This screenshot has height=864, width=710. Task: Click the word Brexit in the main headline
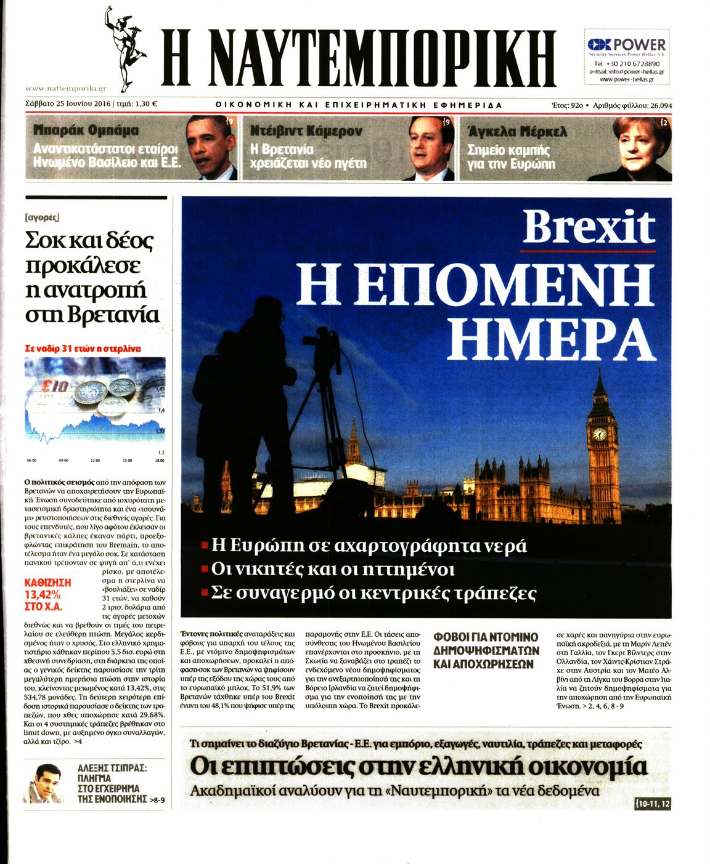click(x=588, y=227)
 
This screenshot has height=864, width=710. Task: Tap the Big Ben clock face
click(x=599, y=434)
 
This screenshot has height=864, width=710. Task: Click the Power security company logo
click(x=626, y=45)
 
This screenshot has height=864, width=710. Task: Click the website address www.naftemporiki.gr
click(x=66, y=89)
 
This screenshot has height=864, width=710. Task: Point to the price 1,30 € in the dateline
click(x=146, y=104)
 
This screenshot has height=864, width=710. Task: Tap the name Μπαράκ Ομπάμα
click(x=86, y=130)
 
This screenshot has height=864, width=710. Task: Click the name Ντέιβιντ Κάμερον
click(x=306, y=131)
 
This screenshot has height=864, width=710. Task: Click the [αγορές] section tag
click(x=43, y=217)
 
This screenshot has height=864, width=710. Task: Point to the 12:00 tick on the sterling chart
click(x=95, y=460)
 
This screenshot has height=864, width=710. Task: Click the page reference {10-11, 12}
click(x=651, y=804)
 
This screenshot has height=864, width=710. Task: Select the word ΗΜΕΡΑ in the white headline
click(x=550, y=339)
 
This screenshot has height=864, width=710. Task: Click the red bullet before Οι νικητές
click(x=205, y=569)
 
